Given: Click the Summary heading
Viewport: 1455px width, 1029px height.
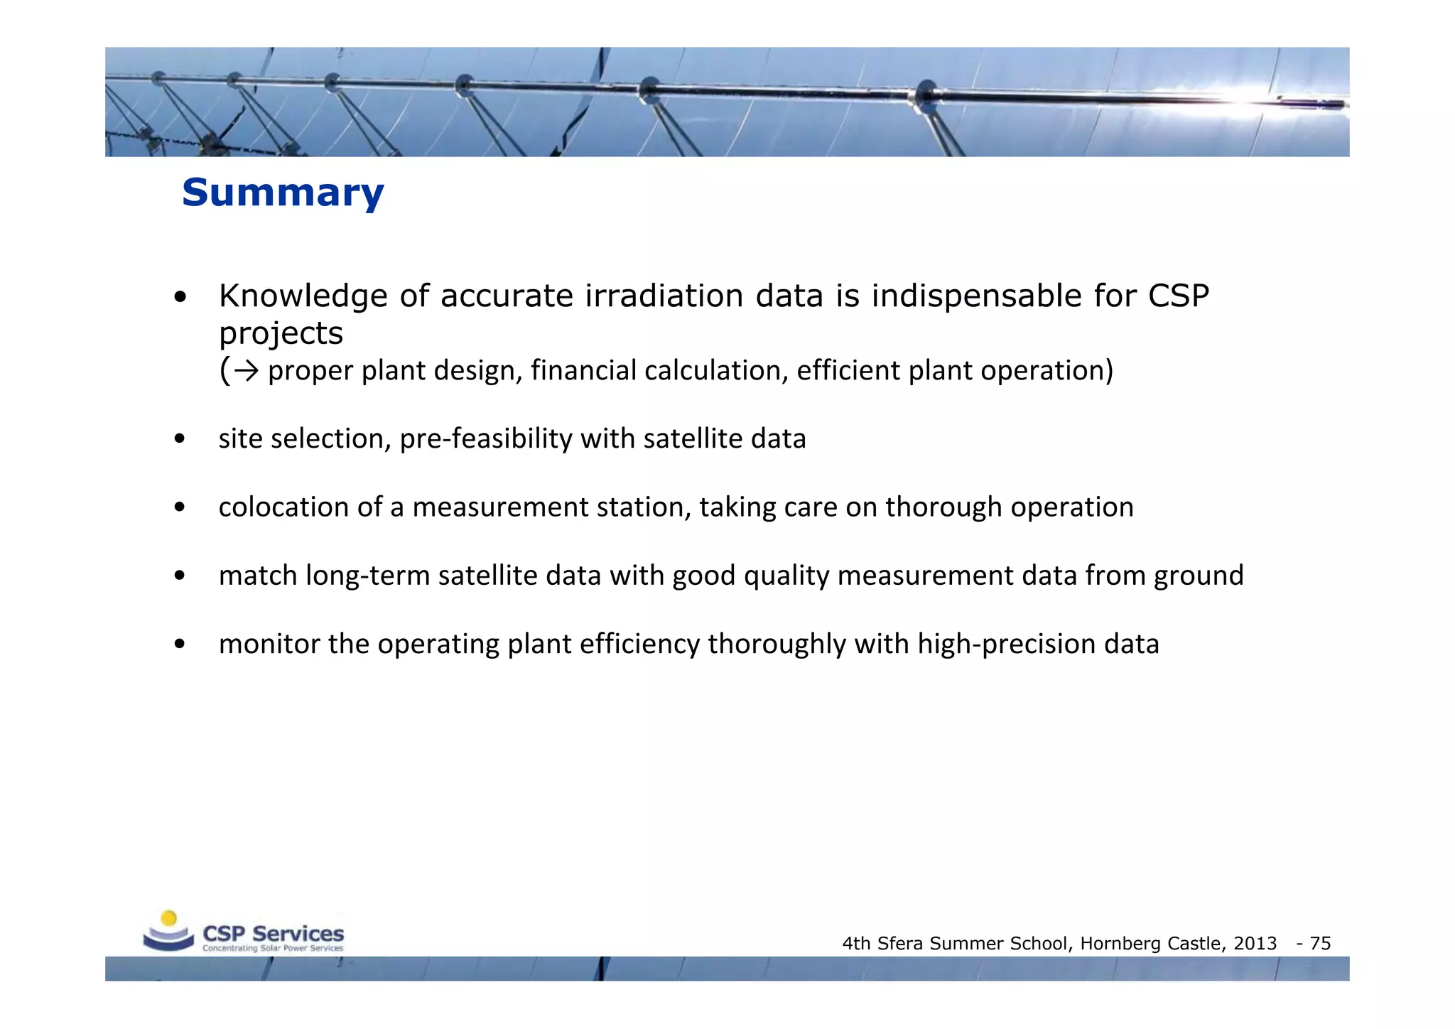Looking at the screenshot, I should tap(283, 193).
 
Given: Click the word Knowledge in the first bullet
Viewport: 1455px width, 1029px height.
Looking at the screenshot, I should tap(303, 296).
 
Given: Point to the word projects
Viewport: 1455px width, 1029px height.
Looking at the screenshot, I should tap(281, 334).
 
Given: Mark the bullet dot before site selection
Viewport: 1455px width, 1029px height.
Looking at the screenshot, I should tap(180, 439).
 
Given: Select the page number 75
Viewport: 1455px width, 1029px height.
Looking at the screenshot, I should tap(1320, 944).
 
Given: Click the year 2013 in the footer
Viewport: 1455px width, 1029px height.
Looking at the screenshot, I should tap(1255, 944).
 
